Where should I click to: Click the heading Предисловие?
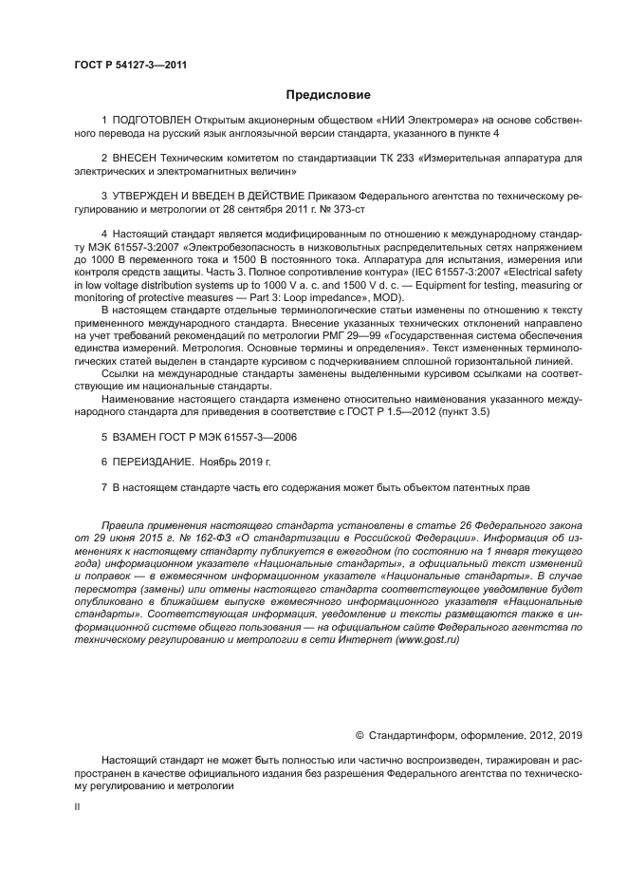[x=329, y=95]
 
